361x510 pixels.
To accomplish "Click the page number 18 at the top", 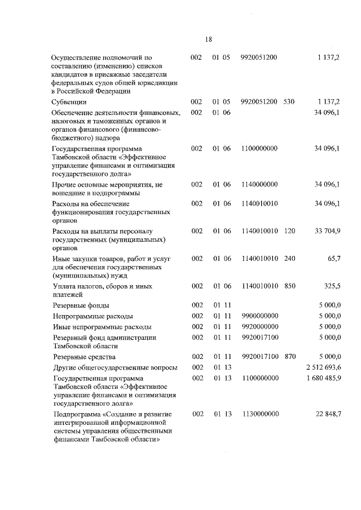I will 208,39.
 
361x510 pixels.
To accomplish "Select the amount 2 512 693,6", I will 322,367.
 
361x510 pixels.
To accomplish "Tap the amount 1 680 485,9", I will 322,378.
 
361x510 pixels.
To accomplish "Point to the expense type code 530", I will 290,101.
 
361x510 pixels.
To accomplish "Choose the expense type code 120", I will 290,231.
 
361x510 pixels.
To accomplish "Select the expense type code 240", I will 290,258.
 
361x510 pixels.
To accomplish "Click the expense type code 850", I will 290,286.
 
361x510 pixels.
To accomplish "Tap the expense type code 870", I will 290,357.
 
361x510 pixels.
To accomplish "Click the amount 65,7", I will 333,258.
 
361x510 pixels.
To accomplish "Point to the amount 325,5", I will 331,286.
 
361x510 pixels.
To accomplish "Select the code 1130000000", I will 259,414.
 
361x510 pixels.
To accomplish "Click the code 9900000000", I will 259,316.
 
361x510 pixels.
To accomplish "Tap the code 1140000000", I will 259,184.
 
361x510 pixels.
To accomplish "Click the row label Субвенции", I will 69,102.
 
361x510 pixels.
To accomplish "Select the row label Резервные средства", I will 83,357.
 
